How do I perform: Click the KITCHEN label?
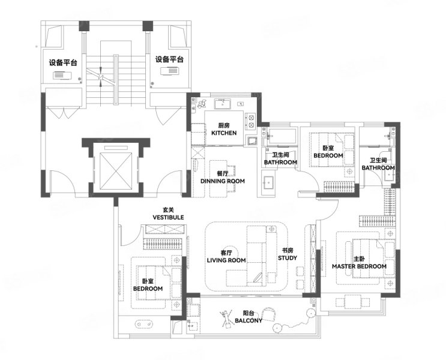point(224,133)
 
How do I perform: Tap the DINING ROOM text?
point(223,181)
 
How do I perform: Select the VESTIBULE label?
point(168,217)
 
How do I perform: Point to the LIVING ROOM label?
point(226,260)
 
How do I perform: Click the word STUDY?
point(288,258)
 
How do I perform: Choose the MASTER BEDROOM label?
point(359,266)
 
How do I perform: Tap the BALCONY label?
point(249,320)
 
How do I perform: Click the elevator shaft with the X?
point(116,170)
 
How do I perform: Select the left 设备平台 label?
point(63,62)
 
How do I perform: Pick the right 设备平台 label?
point(169,59)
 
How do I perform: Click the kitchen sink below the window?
point(223,104)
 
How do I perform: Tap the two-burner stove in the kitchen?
point(251,121)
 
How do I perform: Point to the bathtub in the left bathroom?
point(282,136)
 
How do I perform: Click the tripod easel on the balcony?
point(226,319)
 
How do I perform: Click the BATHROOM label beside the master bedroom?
point(378,168)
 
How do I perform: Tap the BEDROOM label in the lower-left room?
point(148,289)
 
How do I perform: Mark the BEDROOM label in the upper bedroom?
point(328,155)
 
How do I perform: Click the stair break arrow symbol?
point(101,76)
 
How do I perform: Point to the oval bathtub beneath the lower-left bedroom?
point(143,324)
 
